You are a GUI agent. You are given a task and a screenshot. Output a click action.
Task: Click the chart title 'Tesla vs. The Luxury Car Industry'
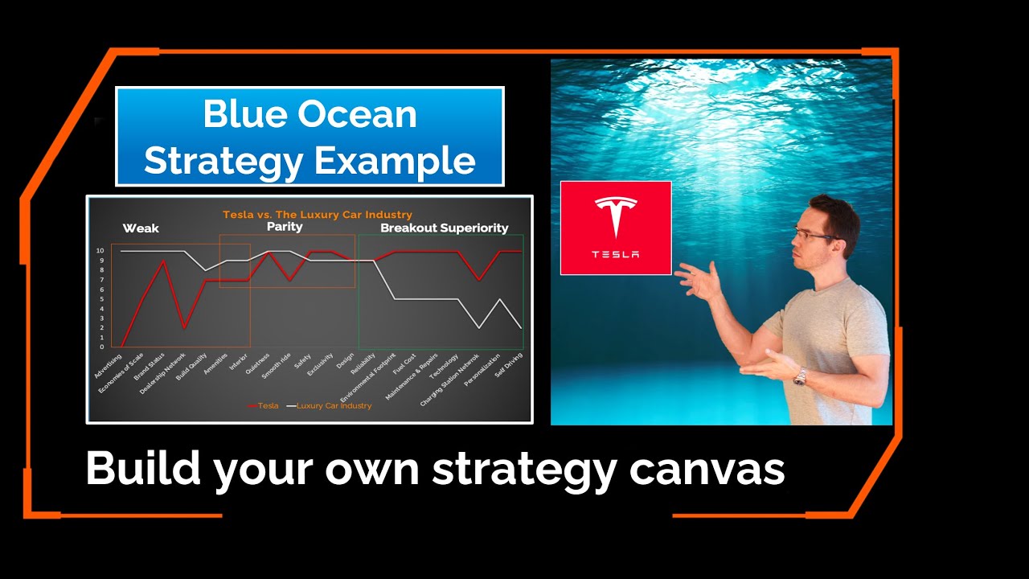coord(317,215)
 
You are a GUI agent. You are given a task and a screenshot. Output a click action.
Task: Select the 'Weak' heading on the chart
coord(141,228)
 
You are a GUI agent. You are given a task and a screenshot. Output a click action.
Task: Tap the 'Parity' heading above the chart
coord(285,227)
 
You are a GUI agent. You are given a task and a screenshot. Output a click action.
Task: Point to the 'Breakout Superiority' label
coord(444,228)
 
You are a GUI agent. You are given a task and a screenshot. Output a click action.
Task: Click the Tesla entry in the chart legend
coord(265,406)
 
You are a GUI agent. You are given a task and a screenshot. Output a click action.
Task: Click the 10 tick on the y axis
coord(100,251)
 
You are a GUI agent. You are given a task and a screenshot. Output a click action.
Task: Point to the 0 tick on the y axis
coord(101,347)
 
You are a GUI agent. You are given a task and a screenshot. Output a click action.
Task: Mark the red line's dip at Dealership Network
coord(185,327)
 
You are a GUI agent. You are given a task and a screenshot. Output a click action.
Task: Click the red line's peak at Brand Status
coord(164,261)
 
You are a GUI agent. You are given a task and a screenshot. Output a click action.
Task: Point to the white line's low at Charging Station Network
coord(479,327)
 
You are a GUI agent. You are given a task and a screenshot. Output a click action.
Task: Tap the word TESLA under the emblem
coord(616,255)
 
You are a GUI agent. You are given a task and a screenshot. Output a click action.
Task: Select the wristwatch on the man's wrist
coord(800,376)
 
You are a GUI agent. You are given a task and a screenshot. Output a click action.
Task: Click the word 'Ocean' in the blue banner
coord(365,115)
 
